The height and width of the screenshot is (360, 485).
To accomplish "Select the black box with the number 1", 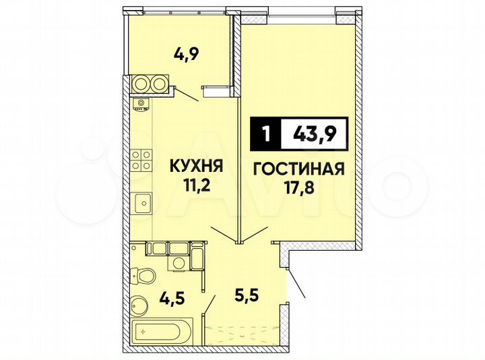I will click(265, 134).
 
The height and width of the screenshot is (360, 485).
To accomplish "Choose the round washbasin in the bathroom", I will click(139, 305).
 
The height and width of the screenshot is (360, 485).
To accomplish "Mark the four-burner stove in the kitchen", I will click(141, 160).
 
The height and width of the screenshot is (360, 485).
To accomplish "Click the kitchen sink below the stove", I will click(142, 202).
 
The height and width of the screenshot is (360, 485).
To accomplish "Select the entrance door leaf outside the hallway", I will click(297, 283).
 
